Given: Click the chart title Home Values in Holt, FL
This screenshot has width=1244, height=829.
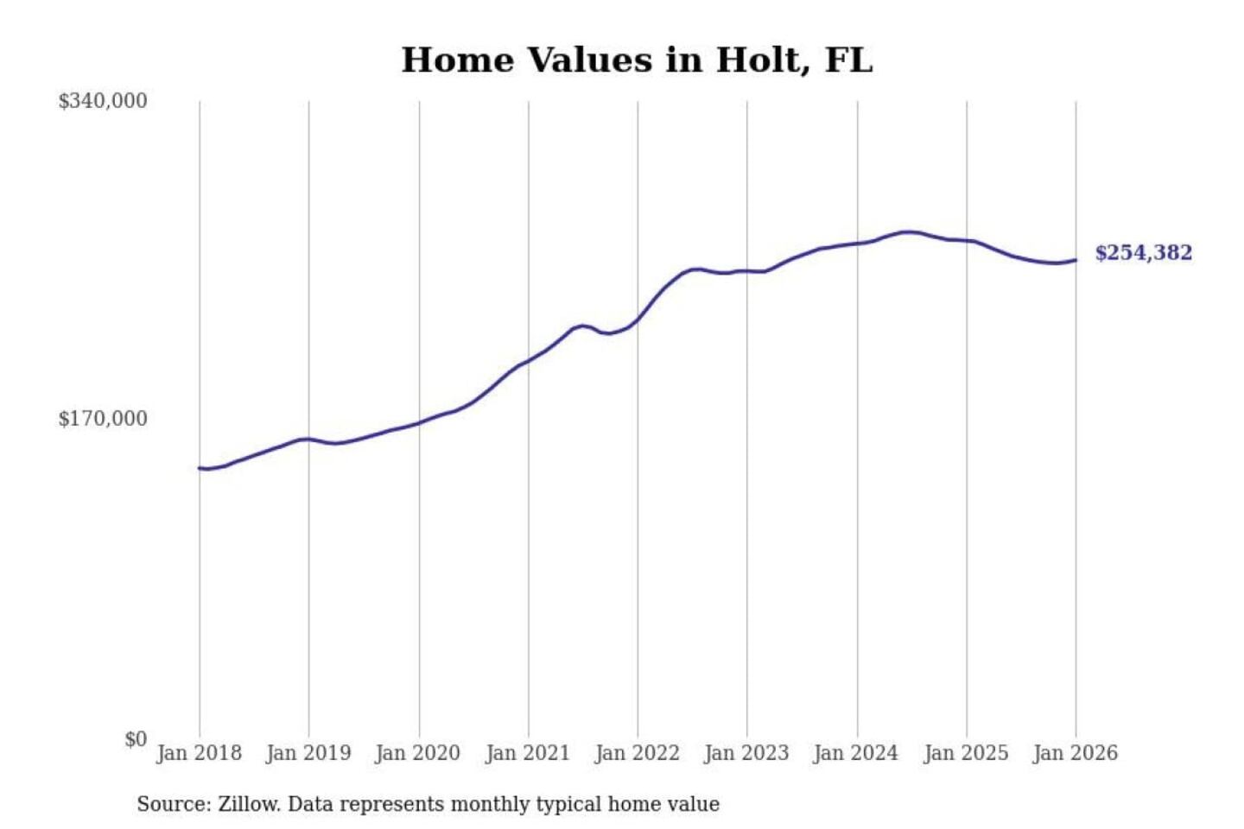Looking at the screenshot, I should coord(637,60).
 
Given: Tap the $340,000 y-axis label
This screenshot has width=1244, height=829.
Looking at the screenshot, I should coord(103,101).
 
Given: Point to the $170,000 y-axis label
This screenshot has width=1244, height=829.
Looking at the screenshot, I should coord(103,419).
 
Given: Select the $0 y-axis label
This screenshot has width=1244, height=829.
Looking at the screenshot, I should coord(136,739).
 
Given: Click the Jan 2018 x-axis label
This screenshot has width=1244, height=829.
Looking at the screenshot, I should coord(199,753).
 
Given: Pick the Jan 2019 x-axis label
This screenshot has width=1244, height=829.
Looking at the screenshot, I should coord(308,753).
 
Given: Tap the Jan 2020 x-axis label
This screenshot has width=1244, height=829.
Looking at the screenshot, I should coord(418,753).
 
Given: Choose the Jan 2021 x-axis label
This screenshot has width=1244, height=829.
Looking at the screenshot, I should coord(528,753).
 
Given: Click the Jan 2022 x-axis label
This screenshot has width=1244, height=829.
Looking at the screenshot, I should coord(638,753).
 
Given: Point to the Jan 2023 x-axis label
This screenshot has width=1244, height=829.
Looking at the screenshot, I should coord(747,753).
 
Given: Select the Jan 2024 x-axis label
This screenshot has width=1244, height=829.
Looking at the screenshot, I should coord(856,753).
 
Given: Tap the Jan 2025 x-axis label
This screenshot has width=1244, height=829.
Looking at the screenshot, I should coord(966,753).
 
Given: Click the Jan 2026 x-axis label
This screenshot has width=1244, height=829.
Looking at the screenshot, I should coord(1076,753).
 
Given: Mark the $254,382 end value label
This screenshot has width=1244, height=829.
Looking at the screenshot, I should coord(1143,253).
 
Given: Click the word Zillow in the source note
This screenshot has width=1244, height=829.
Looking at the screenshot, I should coord(249,805).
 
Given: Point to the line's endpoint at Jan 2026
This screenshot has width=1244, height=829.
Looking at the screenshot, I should coord(1076,260).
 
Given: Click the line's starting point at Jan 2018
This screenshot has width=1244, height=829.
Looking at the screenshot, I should coord(200,468).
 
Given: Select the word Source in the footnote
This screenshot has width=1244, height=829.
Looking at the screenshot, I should coord(173,805).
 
